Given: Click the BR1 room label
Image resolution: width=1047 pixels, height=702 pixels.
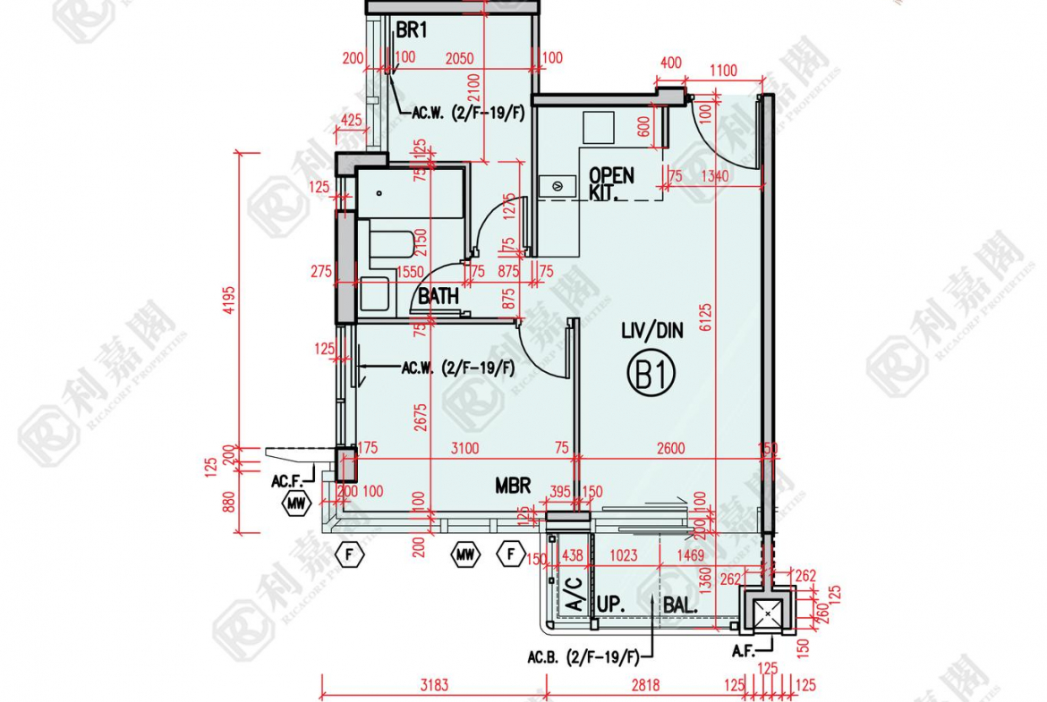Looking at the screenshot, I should [x=413, y=31].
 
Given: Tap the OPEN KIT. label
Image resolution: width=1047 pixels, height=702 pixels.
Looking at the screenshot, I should [x=611, y=183].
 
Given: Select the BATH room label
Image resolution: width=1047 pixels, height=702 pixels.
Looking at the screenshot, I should [x=438, y=295].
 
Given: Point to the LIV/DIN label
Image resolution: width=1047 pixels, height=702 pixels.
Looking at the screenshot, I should [x=651, y=331].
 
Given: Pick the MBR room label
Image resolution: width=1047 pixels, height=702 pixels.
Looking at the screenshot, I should [x=513, y=486].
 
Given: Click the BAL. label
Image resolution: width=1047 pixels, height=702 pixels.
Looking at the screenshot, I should [x=680, y=605].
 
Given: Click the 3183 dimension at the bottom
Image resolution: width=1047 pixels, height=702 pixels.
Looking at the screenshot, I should [x=433, y=686].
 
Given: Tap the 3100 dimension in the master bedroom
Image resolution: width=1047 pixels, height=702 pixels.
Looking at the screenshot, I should [x=464, y=448].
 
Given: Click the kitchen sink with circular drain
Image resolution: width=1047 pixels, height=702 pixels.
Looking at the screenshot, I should [x=558, y=186].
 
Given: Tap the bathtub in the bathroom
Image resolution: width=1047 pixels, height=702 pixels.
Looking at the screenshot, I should [x=391, y=245].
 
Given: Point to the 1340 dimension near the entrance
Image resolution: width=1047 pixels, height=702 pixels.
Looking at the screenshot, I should [x=713, y=176].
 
